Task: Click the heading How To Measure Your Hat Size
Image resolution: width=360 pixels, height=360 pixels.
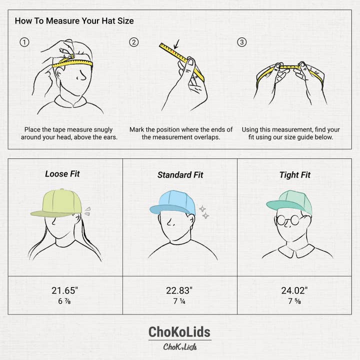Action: (x=74, y=21)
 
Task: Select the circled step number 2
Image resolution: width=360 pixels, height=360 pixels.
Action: (x=133, y=42)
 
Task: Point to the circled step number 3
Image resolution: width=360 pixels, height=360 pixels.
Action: (x=242, y=42)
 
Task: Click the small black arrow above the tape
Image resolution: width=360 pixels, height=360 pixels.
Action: (x=175, y=47)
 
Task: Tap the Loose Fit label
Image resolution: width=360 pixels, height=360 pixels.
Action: (x=62, y=174)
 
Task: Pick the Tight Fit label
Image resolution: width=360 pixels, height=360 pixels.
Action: (x=295, y=175)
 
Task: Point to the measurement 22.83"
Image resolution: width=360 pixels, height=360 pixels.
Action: (x=179, y=290)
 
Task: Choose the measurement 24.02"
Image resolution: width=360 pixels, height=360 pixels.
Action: (x=295, y=290)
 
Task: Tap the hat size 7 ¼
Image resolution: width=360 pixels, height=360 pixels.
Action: (x=179, y=301)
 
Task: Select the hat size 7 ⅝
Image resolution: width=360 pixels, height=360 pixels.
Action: (x=295, y=301)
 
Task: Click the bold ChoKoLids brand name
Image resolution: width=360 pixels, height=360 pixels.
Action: (x=179, y=332)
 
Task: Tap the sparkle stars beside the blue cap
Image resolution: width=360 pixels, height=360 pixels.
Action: (x=203, y=212)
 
